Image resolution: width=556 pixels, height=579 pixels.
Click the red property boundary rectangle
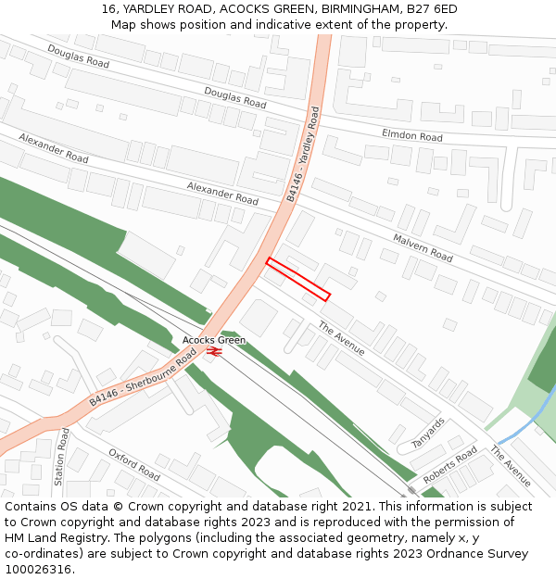pyautogui.click(x=298, y=279)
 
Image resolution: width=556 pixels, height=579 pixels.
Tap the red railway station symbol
pyautogui.click(x=213, y=352)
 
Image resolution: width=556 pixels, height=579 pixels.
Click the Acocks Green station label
pyautogui.click(x=214, y=340)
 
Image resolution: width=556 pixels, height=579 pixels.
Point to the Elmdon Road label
pyautogui.click(x=412, y=135)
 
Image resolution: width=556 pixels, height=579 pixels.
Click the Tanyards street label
pyautogui.click(x=428, y=433)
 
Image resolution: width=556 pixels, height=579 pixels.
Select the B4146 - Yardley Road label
pyautogui.click(x=303, y=155)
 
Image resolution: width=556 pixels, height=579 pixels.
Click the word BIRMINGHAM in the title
pyautogui.click(x=350, y=9)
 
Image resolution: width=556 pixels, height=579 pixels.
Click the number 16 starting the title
pyautogui.click(x=108, y=9)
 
